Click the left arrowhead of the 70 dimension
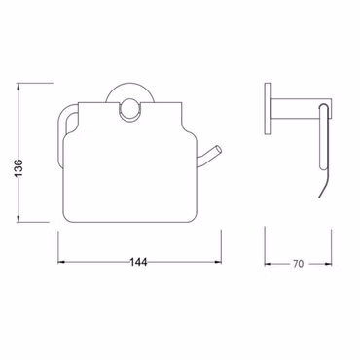269,262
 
